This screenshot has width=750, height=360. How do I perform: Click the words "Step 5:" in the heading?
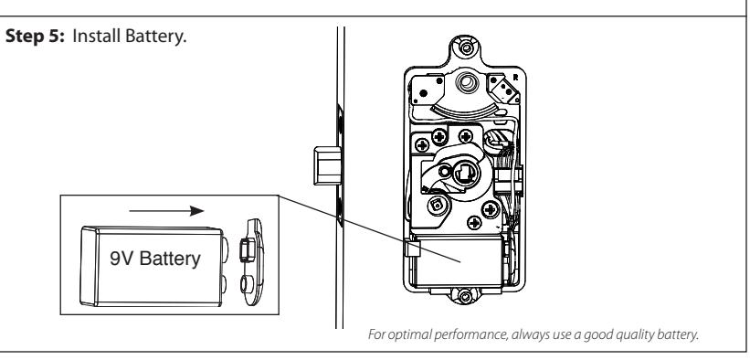(35, 37)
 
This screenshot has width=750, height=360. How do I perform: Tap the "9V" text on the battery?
(122, 259)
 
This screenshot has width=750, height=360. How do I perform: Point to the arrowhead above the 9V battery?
(196, 211)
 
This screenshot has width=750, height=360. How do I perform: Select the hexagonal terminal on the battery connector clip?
(247, 250)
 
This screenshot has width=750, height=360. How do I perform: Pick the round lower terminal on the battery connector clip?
(247, 284)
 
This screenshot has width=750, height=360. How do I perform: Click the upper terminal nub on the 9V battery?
(225, 249)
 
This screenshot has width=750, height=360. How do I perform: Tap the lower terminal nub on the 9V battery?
(224, 284)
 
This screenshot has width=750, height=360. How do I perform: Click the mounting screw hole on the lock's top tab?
(466, 48)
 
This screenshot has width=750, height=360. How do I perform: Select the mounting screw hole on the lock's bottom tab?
(465, 296)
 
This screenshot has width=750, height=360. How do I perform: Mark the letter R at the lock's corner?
(515, 77)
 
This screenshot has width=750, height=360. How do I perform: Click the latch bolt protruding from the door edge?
(327, 165)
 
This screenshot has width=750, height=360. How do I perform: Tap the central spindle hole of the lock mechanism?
(463, 174)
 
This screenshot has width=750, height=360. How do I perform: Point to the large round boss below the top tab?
(467, 83)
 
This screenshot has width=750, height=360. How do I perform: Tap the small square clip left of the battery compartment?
(412, 249)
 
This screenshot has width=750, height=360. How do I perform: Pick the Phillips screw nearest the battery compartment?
(474, 222)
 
